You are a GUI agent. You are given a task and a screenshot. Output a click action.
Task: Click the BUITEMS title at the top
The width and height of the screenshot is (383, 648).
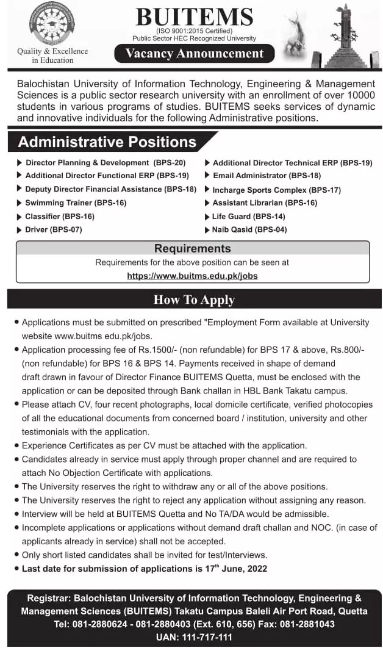[193, 18]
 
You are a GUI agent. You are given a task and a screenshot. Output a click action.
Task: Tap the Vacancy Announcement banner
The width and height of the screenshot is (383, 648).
[194, 54]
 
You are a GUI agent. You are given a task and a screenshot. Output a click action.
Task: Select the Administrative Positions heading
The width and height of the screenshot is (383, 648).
[107, 142]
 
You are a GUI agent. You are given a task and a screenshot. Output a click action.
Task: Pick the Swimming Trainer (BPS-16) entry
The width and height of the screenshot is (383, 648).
[76, 203]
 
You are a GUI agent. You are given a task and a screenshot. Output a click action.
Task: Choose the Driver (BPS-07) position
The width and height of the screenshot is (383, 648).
[53, 229]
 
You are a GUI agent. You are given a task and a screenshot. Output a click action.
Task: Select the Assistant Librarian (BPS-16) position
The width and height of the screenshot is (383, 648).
[265, 203]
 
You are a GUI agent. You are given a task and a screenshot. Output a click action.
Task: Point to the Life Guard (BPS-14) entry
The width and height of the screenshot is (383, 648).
[248, 216]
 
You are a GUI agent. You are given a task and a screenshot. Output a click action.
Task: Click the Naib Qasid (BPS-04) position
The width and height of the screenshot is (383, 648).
[249, 229]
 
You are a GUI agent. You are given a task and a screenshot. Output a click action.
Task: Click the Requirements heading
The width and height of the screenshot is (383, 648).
[192, 248]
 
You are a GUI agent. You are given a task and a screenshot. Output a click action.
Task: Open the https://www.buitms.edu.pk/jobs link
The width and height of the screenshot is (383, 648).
[192, 276]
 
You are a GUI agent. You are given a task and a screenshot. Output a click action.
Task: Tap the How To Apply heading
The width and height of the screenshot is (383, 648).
[194, 300]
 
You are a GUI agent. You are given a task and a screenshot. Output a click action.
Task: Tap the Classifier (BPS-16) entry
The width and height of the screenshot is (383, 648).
[59, 216]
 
